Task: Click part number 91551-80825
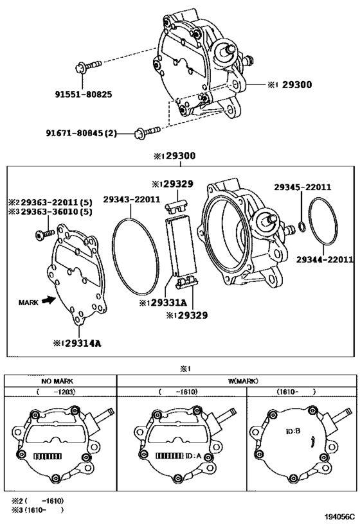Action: tap(84, 94)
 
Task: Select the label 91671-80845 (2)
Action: tap(81, 134)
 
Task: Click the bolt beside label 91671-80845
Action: tap(147, 131)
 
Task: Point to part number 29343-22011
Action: tap(132, 199)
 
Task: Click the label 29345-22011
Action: tap(303, 187)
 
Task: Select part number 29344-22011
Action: tap(325, 259)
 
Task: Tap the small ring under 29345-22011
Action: tap(301, 227)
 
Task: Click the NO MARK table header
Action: tap(57, 381)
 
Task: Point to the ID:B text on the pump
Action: tap(293, 432)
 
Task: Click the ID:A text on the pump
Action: tap(193, 455)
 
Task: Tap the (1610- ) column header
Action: tap(296, 392)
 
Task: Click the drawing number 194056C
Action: tap(339, 516)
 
